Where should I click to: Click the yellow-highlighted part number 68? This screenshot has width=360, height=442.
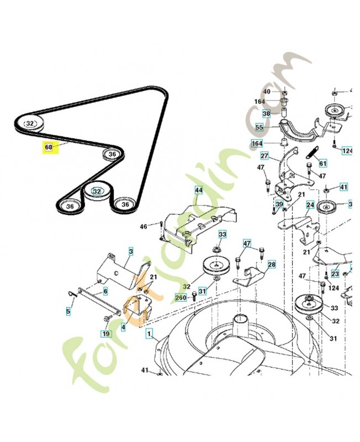(49, 148)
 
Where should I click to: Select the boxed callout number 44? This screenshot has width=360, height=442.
(198, 190)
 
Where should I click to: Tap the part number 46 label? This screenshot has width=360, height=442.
(143, 227)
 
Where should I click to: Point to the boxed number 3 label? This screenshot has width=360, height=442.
(131, 251)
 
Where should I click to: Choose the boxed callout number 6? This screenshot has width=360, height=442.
(105, 291)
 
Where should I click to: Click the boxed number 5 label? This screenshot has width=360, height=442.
(68, 312)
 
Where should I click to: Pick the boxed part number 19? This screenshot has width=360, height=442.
(105, 333)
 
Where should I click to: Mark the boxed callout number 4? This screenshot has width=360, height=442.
(123, 327)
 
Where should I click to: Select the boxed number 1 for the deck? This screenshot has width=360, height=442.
(148, 334)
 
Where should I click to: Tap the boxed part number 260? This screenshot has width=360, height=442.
(181, 297)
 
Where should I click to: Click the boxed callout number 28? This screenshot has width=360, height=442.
(271, 265)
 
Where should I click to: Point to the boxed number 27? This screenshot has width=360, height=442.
(264, 156)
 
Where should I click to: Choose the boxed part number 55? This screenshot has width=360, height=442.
(260, 127)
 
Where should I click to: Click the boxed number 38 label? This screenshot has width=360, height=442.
(266, 114)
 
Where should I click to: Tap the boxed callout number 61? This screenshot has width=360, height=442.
(322, 163)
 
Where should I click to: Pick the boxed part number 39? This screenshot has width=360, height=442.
(279, 204)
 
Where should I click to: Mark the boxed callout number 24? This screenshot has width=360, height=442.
(310, 204)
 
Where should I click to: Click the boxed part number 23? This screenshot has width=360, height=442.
(335, 273)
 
